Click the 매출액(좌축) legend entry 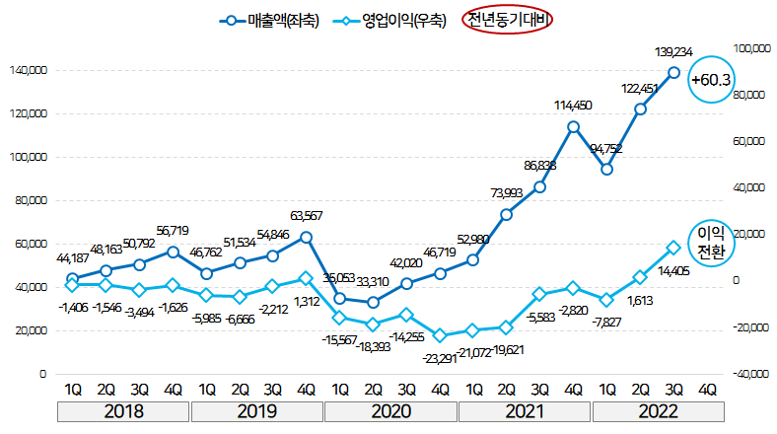[268, 19]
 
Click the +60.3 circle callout [710, 79]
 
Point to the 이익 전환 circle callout [711, 242]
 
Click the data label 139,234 [673, 50]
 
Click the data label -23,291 [442, 359]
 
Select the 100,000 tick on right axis [751, 47]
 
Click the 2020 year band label [390, 410]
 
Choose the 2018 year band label [123, 410]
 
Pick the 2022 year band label [657, 410]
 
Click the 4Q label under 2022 [707, 389]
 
